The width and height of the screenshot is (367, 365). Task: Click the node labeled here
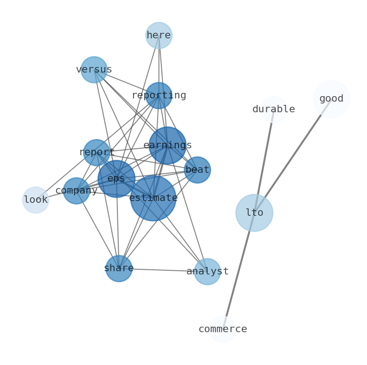(x=159, y=36)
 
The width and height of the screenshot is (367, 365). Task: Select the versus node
(x=94, y=70)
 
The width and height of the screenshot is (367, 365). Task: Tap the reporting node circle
(x=159, y=96)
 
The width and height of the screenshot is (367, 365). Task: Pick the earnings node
(x=167, y=146)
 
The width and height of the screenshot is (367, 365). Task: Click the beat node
(x=197, y=170)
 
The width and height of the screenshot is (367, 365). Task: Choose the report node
(x=97, y=152)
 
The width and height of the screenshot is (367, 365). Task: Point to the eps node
(x=116, y=179)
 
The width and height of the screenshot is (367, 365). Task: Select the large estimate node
(x=153, y=198)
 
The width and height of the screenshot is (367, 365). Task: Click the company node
(x=76, y=191)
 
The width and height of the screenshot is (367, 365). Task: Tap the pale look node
(x=36, y=200)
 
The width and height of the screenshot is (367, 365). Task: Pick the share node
(x=119, y=268)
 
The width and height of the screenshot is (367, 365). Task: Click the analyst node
(x=207, y=272)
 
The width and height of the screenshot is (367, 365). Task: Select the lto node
(x=254, y=213)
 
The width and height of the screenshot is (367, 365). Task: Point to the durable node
(x=274, y=109)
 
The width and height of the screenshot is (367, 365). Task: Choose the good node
(x=331, y=99)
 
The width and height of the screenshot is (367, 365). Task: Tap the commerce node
(x=223, y=329)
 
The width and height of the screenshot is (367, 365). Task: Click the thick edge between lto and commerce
(x=238, y=273)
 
